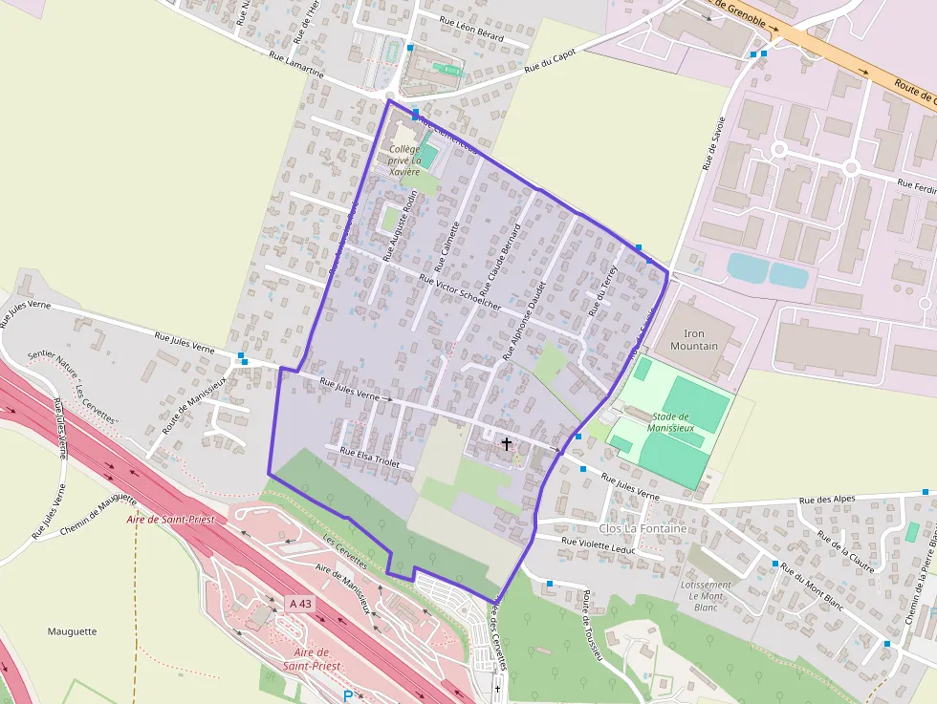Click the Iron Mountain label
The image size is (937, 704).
pyautogui.click(x=694, y=340)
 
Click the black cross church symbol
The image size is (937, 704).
pyautogui.click(x=506, y=444)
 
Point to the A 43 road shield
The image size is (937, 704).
pyautogui.click(x=300, y=603)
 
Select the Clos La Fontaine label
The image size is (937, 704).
pyautogui.click(x=643, y=528)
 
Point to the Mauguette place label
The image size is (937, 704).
pyautogui.click(x=72, y=631)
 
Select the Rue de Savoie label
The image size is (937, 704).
pyautogui.click(x=713, y=143)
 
